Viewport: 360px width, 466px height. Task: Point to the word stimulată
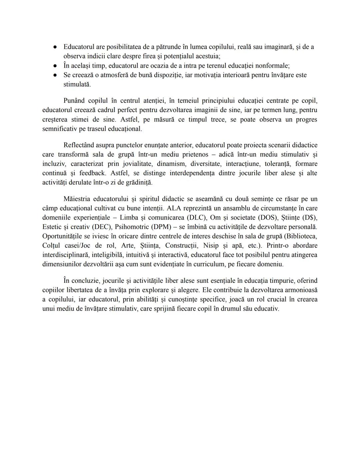click(77, 84)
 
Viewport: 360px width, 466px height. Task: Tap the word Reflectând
click(79, 145)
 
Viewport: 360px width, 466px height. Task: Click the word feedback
click(92, 173)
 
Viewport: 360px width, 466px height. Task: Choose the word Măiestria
click(77, 199)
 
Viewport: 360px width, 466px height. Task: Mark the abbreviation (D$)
click(308, 217)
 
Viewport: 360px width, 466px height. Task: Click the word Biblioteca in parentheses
click(301, 236)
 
